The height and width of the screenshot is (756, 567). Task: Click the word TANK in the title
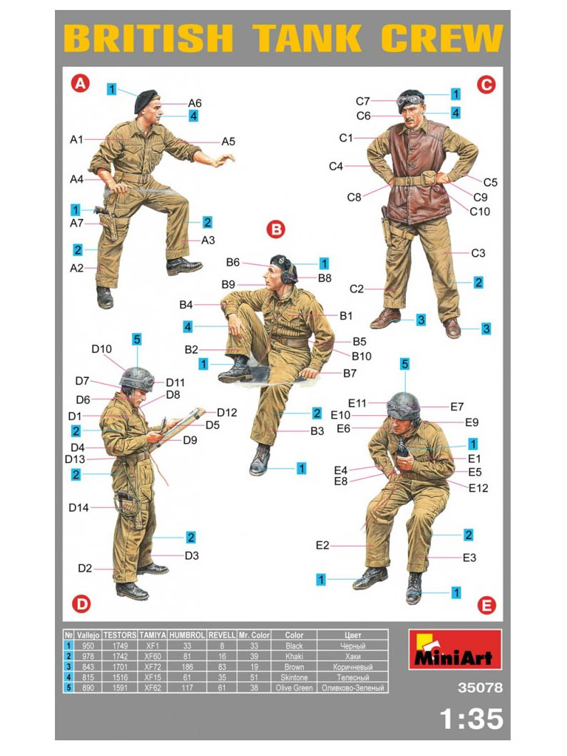tap(307, 38)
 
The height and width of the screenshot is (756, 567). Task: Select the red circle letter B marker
tap(276, 229)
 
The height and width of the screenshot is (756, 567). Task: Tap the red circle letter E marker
tap(486, 605)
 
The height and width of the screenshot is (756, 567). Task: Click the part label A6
tap(195, 103)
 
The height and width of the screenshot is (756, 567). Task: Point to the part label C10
tap(480, 211)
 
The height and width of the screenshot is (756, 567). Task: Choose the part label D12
tap(227, 413)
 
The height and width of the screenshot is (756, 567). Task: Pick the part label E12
tap(479, 488)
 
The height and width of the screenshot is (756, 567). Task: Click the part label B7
tap(349, 373)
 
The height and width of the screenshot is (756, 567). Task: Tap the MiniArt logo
tap(455, 650)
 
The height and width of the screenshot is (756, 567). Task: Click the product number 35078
tap(480, 688)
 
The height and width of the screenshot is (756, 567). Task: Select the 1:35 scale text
tap(471, 719)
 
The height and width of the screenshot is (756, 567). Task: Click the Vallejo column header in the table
tap(88, 635)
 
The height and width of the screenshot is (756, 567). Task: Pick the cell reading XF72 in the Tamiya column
tap(153, 667)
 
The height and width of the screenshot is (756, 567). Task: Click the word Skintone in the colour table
tap(294, 678)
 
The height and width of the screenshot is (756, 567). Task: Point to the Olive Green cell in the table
tap(294, 688)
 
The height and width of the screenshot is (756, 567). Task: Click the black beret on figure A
tap(145, 100)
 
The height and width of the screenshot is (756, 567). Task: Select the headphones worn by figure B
tap(290, 275)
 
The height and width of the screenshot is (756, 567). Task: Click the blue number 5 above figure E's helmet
tap(404, 364)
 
